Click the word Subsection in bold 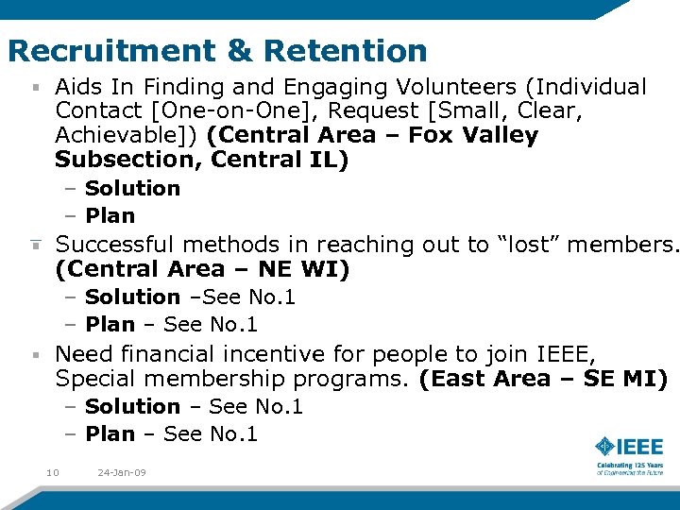coord(128,161)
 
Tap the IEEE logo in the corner coord(628,452)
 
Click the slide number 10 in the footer coord(53,472)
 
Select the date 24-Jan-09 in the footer coord(121,472)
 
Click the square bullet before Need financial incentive coord(35,355)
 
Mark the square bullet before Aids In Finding coord(35,89)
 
